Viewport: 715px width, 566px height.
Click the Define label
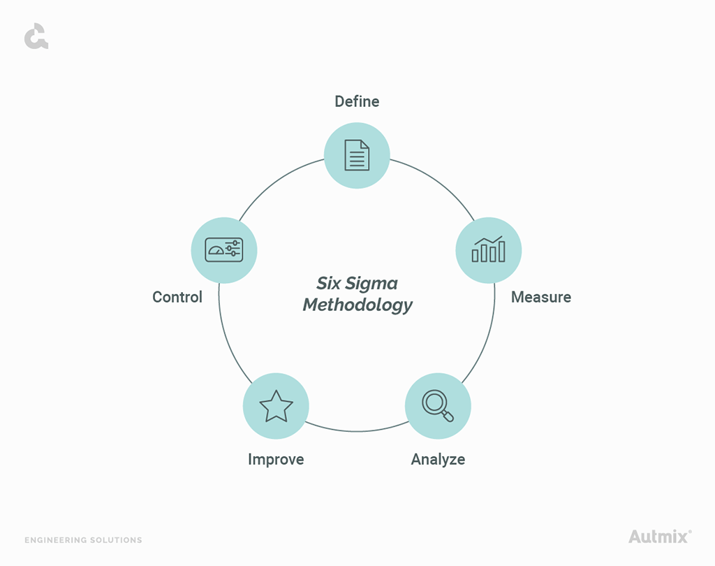coord(357,101)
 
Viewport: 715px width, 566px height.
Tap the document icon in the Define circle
coord(357,155)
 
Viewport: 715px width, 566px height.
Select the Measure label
coord(541,297)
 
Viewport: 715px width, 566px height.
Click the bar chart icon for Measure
coord(488,249)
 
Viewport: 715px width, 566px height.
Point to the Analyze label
coord(438,459)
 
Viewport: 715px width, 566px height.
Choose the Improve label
coord(276,459)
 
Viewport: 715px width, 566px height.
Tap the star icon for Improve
coord(276,406)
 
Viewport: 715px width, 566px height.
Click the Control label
coord(177,297)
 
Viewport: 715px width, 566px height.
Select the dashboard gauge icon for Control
coord(224,249)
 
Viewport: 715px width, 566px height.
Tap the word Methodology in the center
coord(357,305)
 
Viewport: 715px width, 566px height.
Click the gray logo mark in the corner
coord(36,36)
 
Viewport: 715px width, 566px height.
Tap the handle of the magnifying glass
coord(448,416)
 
